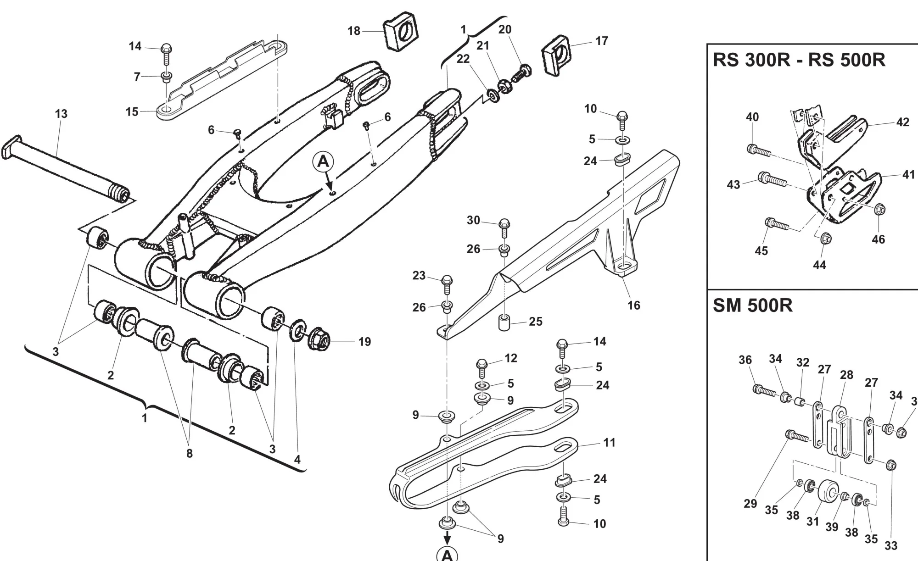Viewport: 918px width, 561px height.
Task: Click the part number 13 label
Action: [x=61, y=114]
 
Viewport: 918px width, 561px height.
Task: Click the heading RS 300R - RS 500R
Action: [x=799, y=60]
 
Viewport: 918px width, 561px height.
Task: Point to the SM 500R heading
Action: [x=752, y=305]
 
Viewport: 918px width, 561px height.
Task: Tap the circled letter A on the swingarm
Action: [x=324, y=162]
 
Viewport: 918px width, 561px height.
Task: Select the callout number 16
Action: [x=633, y=305]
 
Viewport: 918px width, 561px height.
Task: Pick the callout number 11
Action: [x=609, y=443]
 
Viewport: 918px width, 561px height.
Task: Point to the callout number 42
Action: [x=902, y=122]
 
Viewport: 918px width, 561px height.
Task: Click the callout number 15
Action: [x=132, y=111]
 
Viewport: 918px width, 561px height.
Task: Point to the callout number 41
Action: [x=908, y=175]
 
